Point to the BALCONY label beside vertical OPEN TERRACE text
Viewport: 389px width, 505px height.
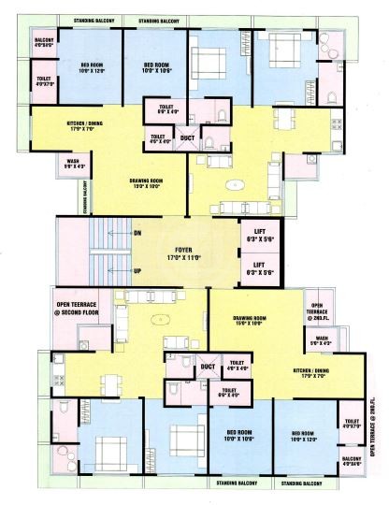(x=351, y=460)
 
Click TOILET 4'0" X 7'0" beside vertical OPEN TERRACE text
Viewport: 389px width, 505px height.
(x=351, y=425)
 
